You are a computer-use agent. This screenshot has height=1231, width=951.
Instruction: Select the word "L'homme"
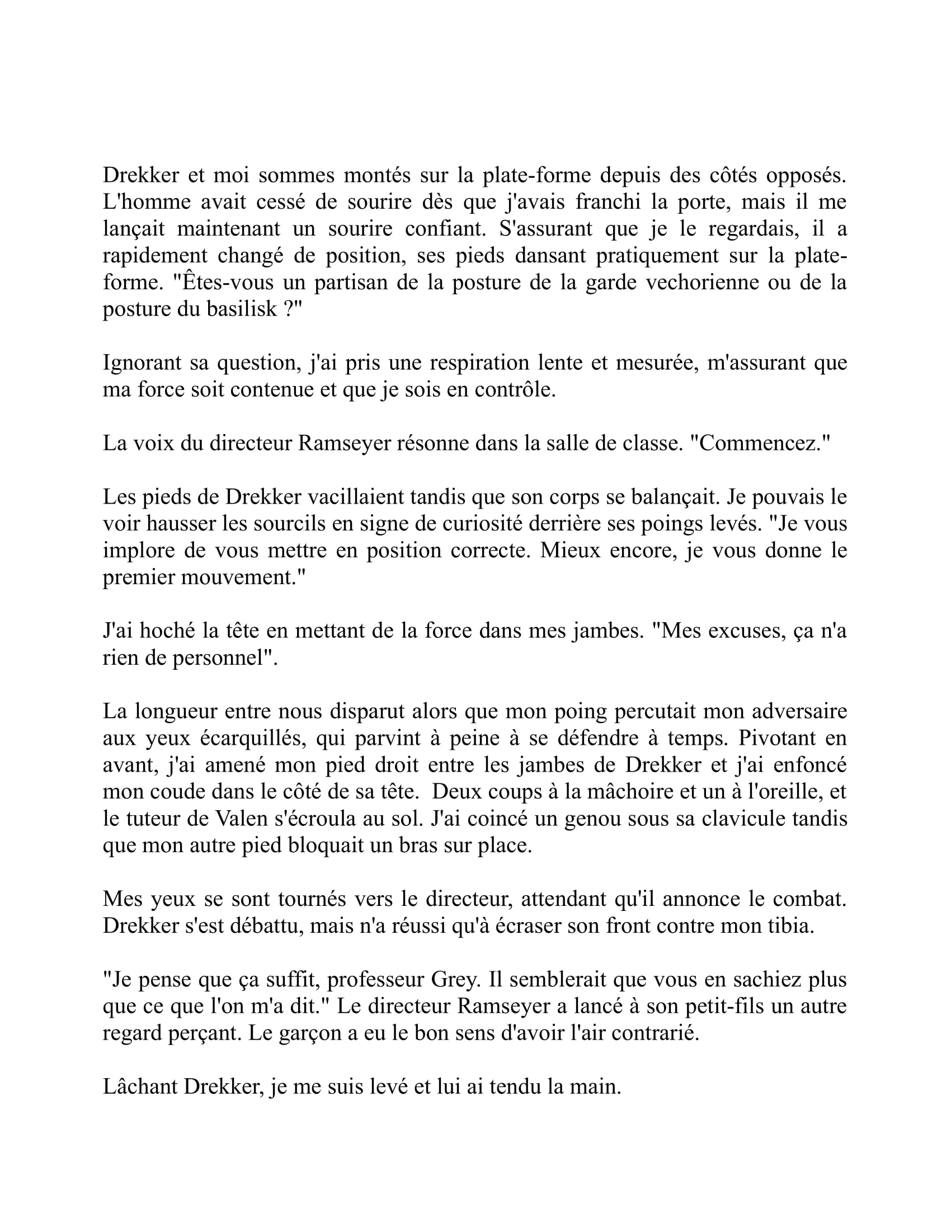tap(147, 203)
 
